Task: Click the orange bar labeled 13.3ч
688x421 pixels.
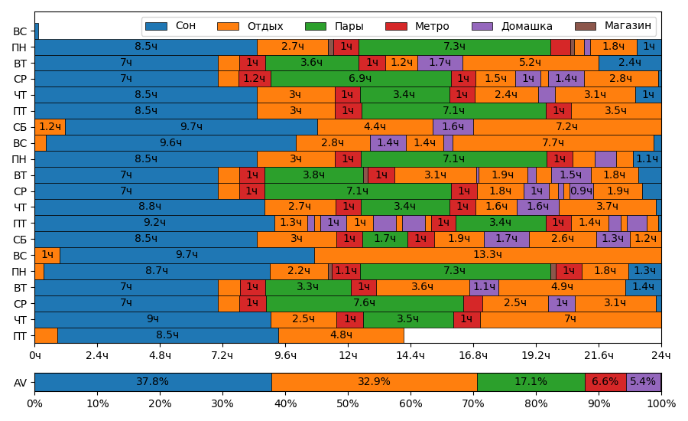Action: pos(487,255)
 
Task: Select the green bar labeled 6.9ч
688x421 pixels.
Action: pos(360,79)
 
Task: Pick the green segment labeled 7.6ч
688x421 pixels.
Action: pos(365,303)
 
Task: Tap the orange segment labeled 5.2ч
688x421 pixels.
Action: pos(530,63)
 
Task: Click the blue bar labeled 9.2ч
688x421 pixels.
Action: pos(154,223)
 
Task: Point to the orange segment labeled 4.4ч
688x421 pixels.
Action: pos(375,127)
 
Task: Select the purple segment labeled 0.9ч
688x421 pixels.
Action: pos(581,191)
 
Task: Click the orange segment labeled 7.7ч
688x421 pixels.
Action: pos(553,143)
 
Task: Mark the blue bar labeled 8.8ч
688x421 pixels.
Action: pos(149,207)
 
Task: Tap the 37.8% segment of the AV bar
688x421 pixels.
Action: pos(153,382)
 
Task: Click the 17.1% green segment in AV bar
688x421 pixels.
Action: pos(531,382)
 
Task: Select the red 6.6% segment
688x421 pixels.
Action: pos(605,382)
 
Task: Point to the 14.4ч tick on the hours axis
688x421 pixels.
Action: pos(411,355)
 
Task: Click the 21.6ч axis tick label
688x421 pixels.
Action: pos(599,355)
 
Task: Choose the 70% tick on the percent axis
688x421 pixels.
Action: pos(473,403)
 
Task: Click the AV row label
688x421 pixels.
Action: pos(20,383)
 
